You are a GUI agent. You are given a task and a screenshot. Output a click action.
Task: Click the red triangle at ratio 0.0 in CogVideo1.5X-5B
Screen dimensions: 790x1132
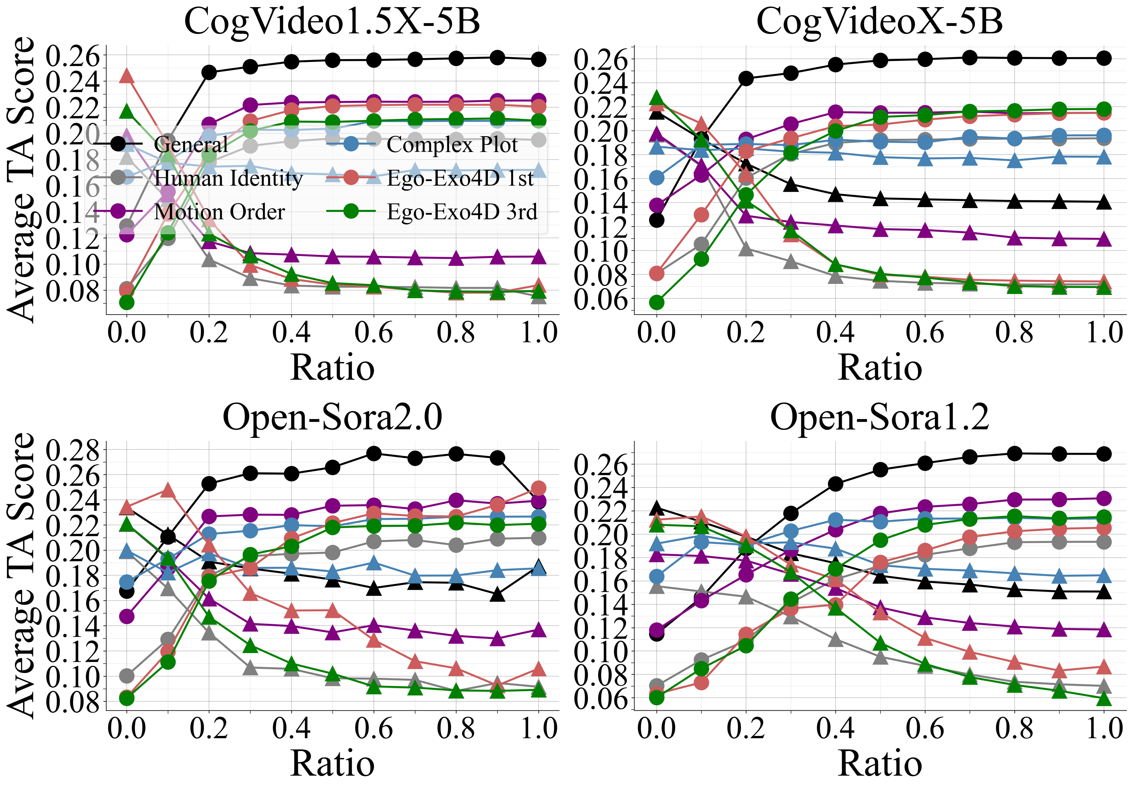point(127,75)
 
